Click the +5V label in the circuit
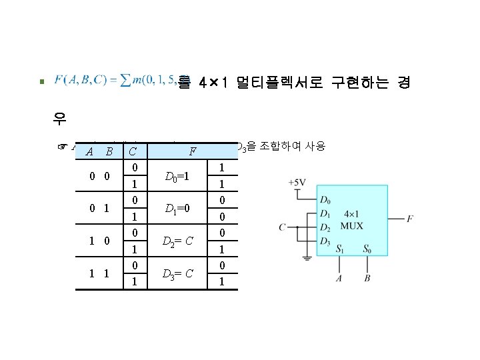tap(298, 182)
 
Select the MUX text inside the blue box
tap(351, 226)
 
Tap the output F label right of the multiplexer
tap(409, 218)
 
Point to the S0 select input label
tap(368, 250)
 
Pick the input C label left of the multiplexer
tap(283, 227)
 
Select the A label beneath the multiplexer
tap(339, 278)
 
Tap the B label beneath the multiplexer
tap(368, 278)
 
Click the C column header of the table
tap(134, 151)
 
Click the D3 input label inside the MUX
tap(325, 240)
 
